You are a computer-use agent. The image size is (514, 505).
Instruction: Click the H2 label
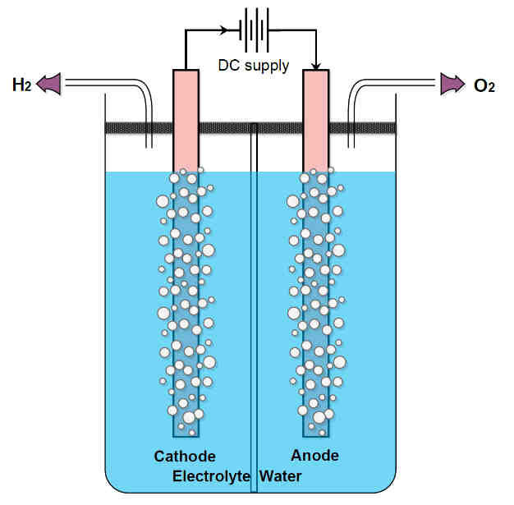pos(22,85)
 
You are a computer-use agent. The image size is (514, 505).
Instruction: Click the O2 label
pos(484,86)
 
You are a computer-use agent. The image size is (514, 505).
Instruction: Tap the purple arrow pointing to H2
pos(48,84)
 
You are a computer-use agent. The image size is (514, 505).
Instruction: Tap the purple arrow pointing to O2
pos(452,84)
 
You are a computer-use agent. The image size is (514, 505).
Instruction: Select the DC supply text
pos(254,66)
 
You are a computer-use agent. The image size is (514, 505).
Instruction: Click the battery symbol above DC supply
pos(254,30)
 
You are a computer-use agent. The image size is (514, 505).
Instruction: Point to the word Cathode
pos(185,456)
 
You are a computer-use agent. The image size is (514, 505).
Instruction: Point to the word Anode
pos(314,455)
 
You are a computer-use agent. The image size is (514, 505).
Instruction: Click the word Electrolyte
pos(211,476)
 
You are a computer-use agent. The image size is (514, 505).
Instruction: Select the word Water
pos(280,476)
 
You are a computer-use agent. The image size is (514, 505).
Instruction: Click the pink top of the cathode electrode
pos(186,121)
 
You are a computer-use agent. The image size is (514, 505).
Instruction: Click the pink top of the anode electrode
pos(315,121)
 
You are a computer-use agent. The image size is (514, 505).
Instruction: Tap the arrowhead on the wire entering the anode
pos(316,66)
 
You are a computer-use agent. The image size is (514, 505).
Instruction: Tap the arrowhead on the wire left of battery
pos(224,30)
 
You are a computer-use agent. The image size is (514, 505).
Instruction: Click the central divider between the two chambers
pos(254,308)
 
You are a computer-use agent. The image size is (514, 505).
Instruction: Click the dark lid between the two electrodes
pos(250,128)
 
